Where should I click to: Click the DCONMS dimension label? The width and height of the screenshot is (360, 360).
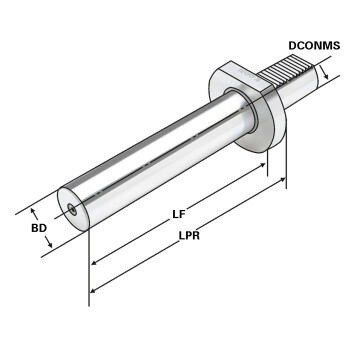coord(314,45)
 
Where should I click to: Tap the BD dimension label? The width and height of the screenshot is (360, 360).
coord(39,228)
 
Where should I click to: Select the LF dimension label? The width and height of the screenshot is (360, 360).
coord(179,214)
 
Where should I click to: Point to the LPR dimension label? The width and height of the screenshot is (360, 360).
coord(189,236)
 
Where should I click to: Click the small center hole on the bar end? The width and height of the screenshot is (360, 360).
coord(72,209)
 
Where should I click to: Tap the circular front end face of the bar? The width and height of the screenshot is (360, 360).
coord(72,209)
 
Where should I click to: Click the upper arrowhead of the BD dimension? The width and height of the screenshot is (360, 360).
coord(34,212)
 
